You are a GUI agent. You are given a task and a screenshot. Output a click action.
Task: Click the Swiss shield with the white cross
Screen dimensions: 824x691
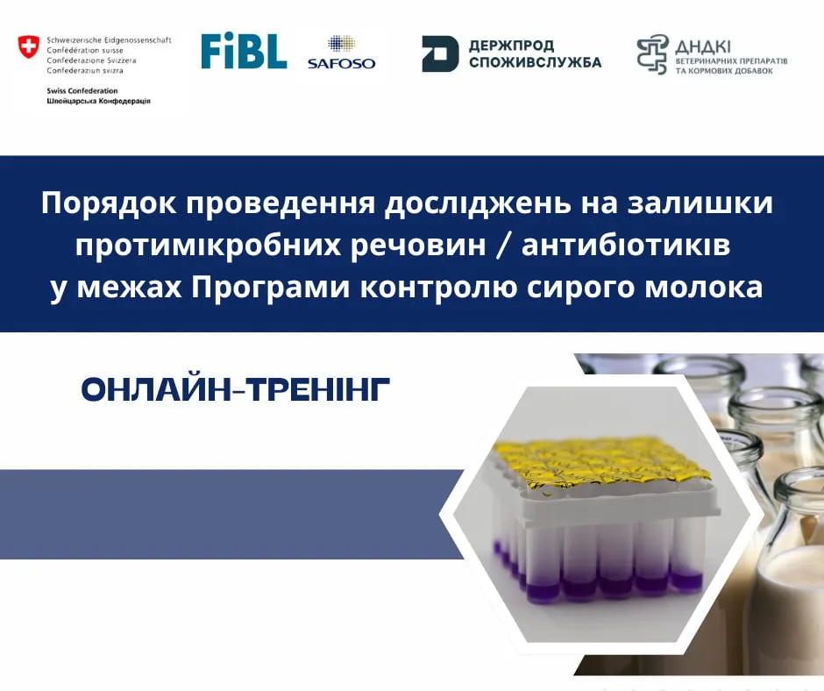coord(28,46)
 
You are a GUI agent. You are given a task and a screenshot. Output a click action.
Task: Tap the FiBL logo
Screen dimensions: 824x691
coord(244,51)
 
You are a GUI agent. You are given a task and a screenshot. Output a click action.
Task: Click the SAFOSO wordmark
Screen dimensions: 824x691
coord(342,64)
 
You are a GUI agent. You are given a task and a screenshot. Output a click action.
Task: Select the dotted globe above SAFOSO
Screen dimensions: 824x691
coord(342,44)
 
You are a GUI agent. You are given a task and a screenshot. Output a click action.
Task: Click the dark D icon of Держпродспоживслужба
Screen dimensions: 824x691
coord(440,53)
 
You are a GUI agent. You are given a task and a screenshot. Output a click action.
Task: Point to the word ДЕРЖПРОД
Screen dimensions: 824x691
coord(504,46)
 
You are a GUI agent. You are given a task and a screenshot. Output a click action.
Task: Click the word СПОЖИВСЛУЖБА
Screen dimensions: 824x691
coord(535,62)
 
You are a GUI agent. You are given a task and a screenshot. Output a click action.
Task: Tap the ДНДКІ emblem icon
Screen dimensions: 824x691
coord(653,54)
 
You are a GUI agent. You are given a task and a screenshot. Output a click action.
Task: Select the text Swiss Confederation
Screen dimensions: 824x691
coord(82,90)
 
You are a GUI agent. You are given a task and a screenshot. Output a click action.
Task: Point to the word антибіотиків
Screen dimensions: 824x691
coord(626,246)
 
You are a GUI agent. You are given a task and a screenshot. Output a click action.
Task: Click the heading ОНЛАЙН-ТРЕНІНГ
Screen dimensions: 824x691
coord(236,389)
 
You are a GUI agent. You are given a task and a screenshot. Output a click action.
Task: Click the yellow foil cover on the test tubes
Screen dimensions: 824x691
coord(599,466)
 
